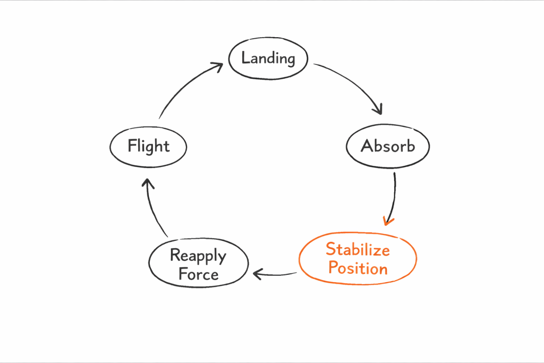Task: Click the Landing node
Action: pyautogui.click(x=268, y=58)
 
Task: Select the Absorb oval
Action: pyautogui.click(x=388, y=146)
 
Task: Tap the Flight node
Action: pyautogui.click(x=148, y=146)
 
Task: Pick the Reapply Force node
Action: pyautogui.click(x=198, y=265)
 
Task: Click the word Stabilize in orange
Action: pyautogui.click(x=358, y=249)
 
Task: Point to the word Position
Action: pyautogui.click(x=358, y=268)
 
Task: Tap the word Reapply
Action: pyautogui.click(x=198, y=256)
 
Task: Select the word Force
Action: pyautogui.click(x=198, y=274)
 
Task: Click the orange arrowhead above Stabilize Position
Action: pyautogui.click(x=389, y=220)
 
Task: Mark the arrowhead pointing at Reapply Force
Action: pyautogui.click(x=258, y=274)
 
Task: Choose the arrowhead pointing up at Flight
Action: pyautogui.click(x=148, y=183)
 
